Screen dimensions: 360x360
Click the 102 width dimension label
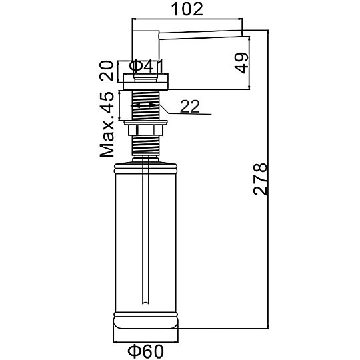187,9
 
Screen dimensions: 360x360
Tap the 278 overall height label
261,179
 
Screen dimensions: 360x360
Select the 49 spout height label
242,63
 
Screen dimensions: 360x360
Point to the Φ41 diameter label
147,66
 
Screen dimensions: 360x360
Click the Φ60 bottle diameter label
145,351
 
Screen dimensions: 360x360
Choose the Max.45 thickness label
107,125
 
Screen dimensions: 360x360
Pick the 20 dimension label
107,71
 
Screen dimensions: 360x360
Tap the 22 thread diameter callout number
190,106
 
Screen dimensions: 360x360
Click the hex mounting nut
145,129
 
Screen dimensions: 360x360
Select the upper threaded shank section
146,105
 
